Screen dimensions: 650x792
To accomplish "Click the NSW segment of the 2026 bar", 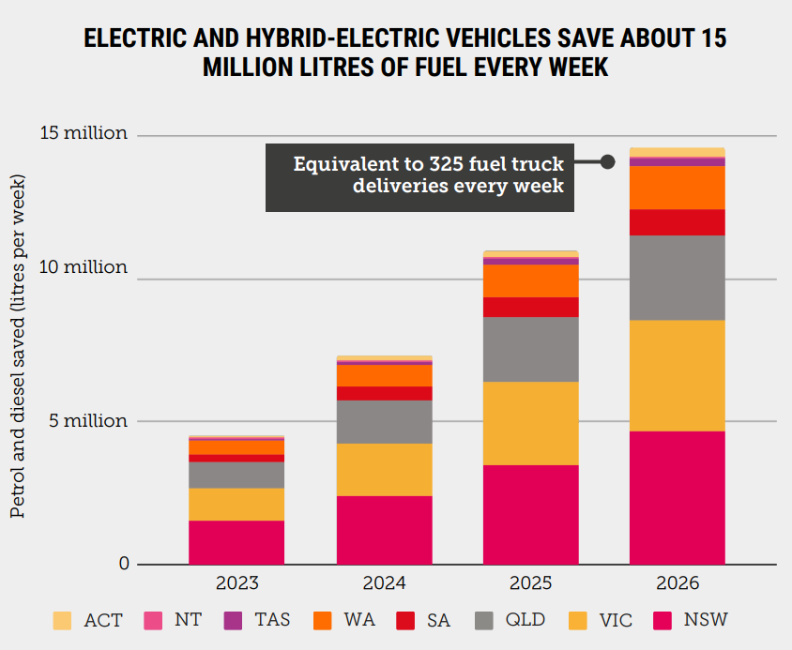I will (678, 497).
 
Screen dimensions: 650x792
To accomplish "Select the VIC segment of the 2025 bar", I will (530, 423).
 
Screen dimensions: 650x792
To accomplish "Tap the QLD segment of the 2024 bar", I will (384, 422).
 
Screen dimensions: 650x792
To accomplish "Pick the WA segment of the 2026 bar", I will (678, 188).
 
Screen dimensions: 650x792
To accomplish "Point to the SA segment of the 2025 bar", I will (530, 307).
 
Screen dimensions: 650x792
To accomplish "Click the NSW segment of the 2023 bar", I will (236, 542).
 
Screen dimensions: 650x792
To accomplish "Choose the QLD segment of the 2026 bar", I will (678, 278).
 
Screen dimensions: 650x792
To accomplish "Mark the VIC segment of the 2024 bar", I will (384, 469).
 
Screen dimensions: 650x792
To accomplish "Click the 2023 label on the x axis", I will (236, 583).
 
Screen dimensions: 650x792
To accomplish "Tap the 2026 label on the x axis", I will (678, 583).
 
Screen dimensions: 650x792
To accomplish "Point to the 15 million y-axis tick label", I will (84, 133).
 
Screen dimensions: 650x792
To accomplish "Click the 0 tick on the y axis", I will (122, 564).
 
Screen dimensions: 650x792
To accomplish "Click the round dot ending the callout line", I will (607, 161).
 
